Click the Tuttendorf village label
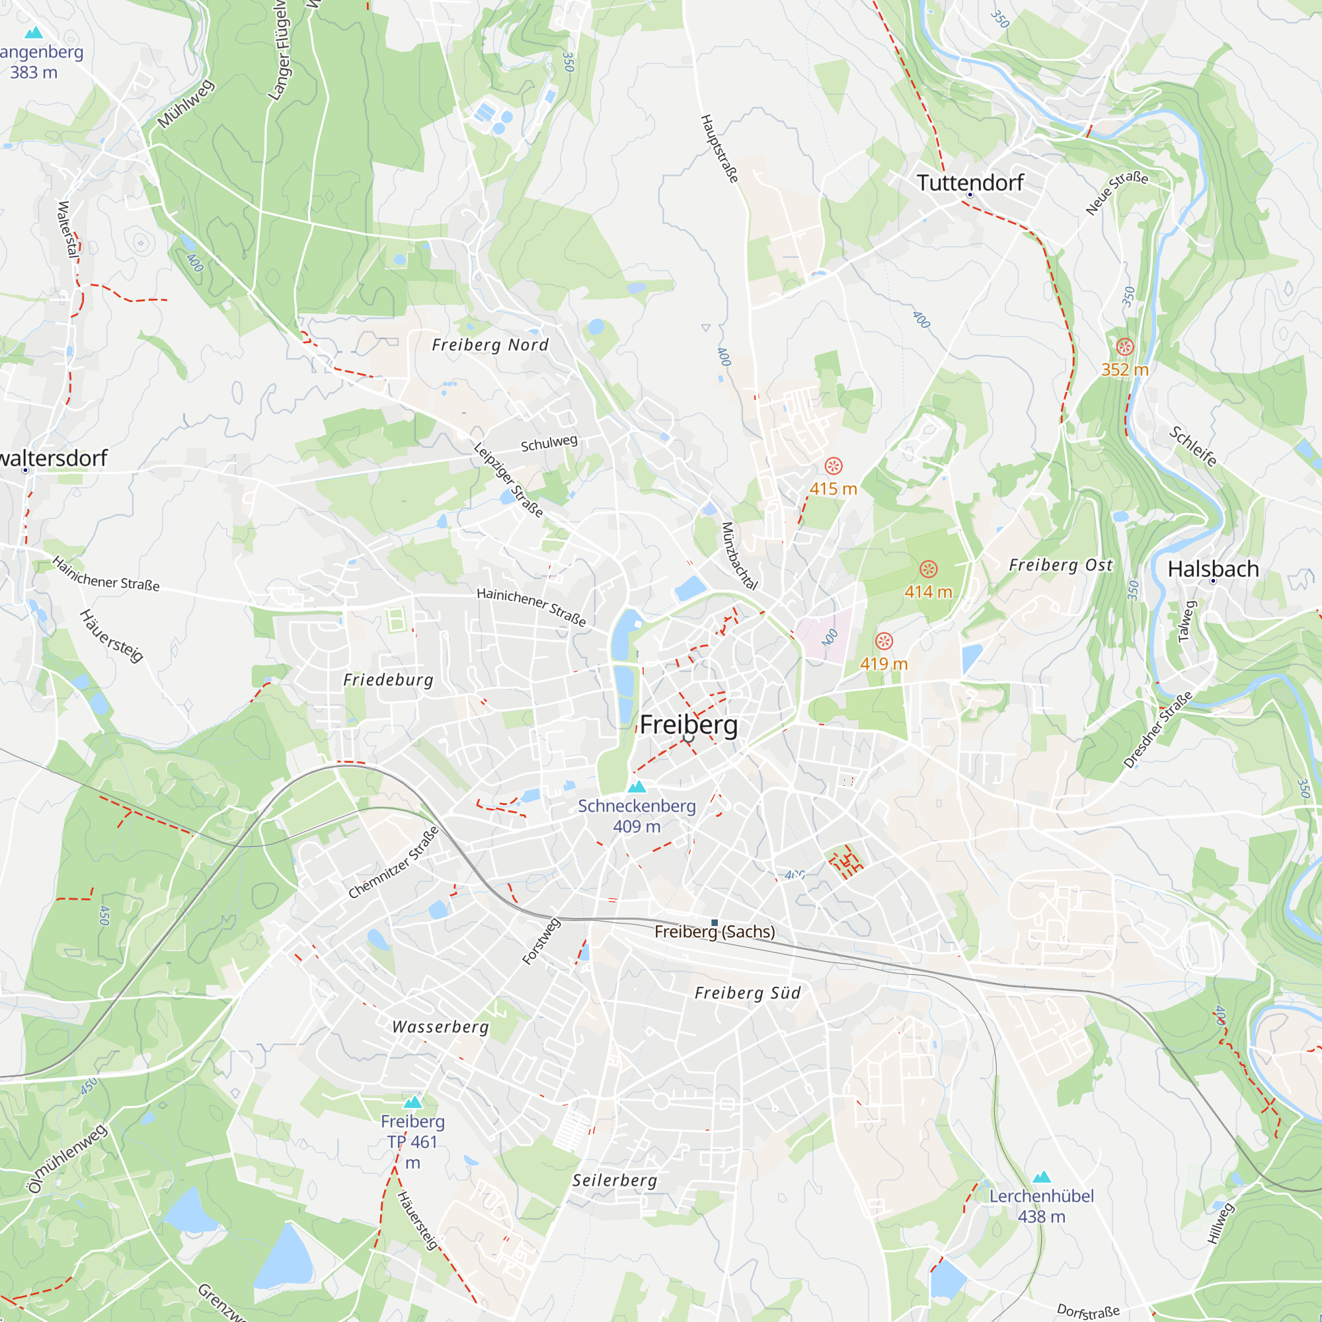pos(970,182)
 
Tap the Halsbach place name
pos(1212,568)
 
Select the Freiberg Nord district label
pos(490,345)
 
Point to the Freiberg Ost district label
pos(1061,565)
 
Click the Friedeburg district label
pos(388,680)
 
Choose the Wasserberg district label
pos(441,1027)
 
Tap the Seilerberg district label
pos(615,1181)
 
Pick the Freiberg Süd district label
pos(747,993)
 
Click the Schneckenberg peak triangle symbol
pos(637,787)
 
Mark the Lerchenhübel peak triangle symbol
pos(1042,1177)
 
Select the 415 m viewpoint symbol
pos(834,466)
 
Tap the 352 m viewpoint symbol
pos(1125,347)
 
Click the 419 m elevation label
pos(883,664)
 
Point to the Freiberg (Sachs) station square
pos(715,923)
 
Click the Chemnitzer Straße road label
pos(393,863)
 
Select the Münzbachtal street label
pos(740,556)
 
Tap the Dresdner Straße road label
pos(1157,730)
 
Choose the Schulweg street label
pos(549,444)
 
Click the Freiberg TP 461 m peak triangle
pos(412,1103)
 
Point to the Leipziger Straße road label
pos(508,480)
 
